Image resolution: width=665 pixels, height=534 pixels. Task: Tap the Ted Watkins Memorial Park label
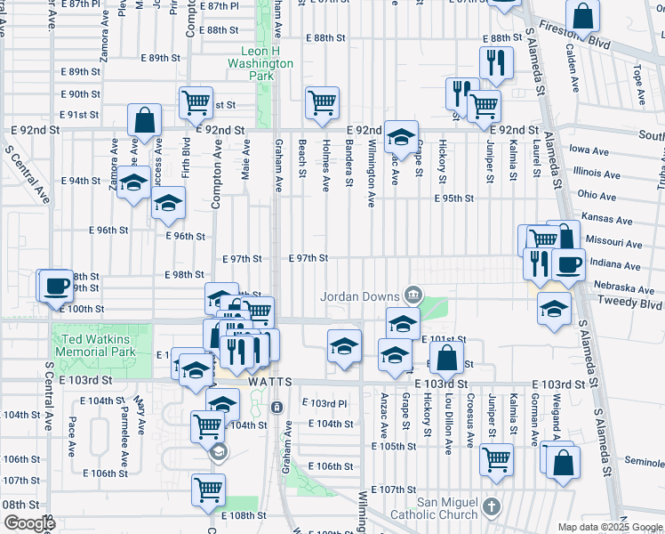[94, 345]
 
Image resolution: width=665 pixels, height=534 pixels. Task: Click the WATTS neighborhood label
[270, 381]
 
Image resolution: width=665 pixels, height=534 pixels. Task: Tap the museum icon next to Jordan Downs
[413, 295]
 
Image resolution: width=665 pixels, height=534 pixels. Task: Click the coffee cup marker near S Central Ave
[58, 286]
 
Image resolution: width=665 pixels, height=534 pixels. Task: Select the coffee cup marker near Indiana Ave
[568, 263]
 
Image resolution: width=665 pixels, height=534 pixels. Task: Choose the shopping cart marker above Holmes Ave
[322, 101]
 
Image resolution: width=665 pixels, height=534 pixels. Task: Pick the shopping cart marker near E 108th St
[208, 489]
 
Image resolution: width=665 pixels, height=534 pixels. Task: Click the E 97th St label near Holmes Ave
[309, 258]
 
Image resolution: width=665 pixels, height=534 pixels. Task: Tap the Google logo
[28, 523]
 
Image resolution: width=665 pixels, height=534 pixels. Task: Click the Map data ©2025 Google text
[611, 527]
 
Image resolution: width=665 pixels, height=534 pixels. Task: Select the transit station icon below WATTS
[276, 408]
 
